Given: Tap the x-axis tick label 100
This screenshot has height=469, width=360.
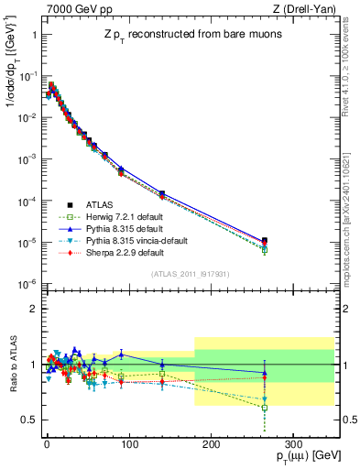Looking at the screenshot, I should click(128, 442).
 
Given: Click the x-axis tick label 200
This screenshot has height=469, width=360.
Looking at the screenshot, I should click(210, 442).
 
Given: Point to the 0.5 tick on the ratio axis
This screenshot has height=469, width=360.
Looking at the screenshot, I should click(28, 420).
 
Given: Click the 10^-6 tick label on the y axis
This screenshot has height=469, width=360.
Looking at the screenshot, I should click(27, 284).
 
